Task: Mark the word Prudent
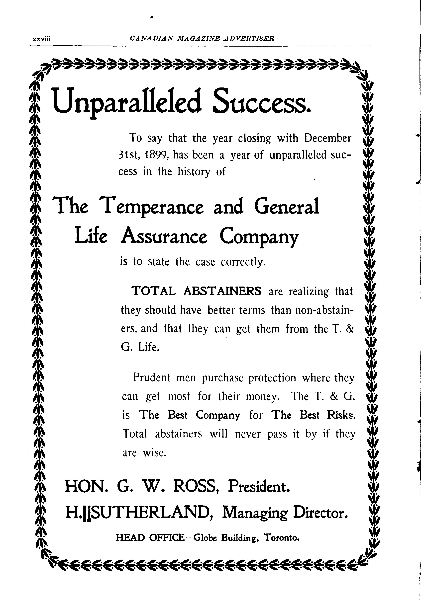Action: tap(152, 378)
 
